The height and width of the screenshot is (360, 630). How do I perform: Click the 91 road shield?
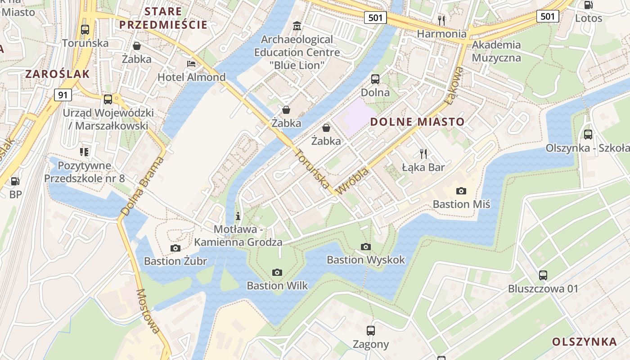pos(63,95)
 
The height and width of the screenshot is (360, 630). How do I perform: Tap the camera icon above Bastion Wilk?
pos(277,272)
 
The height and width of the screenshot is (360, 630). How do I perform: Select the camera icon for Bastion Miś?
pos(461,191)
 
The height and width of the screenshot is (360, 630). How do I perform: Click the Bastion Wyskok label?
pos(365,260)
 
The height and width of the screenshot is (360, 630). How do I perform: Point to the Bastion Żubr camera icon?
pos(175,248)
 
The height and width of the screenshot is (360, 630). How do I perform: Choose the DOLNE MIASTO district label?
pos(417,121)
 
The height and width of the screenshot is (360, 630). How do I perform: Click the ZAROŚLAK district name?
pos(58,74)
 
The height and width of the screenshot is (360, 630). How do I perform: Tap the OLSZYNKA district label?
pos(584,342)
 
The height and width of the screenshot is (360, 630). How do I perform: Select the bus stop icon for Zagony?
pos(370,331)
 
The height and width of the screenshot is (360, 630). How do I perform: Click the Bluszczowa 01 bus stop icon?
pos(543,275)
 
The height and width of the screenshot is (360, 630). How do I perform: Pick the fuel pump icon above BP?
pos(15,181)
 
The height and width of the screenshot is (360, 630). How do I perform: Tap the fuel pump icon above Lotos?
pos(588,5)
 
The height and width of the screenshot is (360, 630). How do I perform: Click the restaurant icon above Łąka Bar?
pos(423,154)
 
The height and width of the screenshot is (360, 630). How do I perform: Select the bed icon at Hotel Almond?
pos(191,64)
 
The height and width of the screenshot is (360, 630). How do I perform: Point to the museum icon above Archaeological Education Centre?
pos(297,27)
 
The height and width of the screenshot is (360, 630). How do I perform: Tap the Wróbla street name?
pos(352,181)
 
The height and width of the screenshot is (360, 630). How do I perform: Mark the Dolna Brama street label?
pos(141,186)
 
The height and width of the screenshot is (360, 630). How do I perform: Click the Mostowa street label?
pos(148,311)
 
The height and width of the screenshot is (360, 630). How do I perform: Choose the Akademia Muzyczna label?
pos(496,51)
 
